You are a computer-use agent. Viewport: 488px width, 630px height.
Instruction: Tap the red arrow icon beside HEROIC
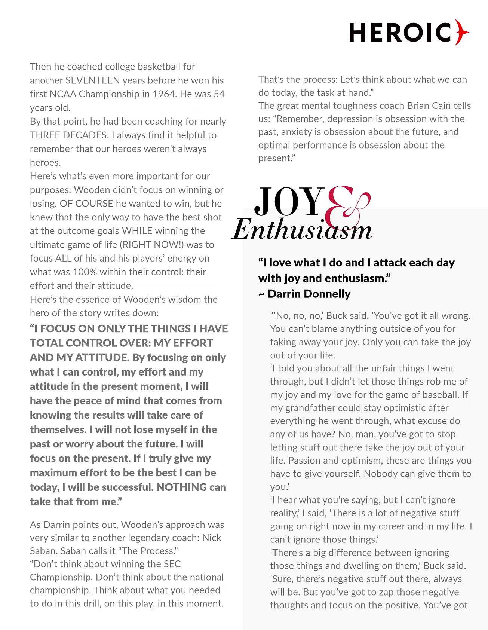click(462, 33)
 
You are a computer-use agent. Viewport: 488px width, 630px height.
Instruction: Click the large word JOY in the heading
click(289, 202)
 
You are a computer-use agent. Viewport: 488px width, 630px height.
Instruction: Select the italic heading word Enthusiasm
click(302, 229)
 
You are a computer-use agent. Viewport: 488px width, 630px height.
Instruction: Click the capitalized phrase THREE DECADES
click(69, 135)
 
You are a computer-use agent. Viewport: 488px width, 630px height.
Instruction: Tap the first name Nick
click(212, 538)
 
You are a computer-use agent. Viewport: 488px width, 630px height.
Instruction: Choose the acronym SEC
click(172, 564)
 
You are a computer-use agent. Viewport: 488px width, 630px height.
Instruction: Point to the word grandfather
click(311, 408)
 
